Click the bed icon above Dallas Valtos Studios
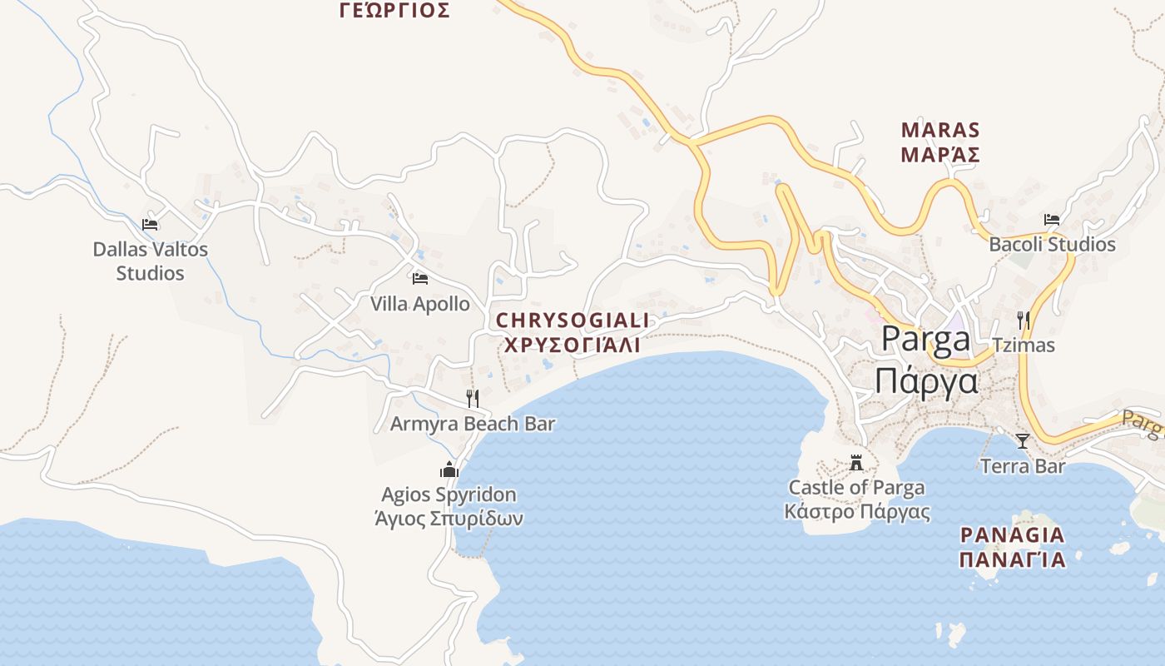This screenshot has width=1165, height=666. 150,225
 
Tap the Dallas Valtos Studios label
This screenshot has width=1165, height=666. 150,261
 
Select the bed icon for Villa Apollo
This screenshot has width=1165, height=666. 420,279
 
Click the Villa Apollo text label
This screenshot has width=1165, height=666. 420,304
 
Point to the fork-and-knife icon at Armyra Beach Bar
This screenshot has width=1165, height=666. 473,399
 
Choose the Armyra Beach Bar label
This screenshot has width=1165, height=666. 473,424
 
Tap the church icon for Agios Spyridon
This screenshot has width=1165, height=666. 449,470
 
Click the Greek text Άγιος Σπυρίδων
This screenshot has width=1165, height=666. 449,519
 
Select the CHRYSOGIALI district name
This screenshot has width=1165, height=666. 573,321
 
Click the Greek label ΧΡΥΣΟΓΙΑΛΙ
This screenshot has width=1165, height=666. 573,345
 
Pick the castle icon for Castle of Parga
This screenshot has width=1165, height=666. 856,463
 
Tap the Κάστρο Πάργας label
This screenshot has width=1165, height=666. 857,511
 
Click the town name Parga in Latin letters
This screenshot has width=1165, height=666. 925,340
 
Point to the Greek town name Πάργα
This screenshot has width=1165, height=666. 925,381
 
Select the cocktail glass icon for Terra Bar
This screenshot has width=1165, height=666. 1023,441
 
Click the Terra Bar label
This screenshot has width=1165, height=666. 1023,466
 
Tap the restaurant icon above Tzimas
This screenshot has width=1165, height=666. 1024,320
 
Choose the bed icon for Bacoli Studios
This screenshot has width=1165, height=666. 1052,220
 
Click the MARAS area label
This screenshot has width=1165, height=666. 940,131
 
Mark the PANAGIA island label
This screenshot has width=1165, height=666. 1012,534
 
